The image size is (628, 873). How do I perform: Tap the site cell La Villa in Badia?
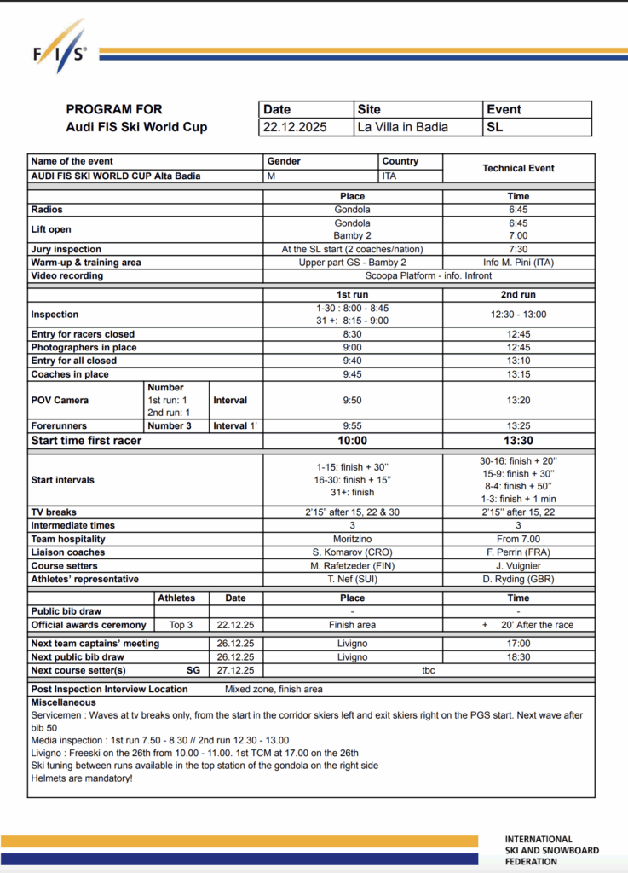click(403, 127)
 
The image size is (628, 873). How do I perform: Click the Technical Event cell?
click(518, 168)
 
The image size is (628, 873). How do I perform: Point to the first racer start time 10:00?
click(352, 440)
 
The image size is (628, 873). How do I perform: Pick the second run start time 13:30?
click(518, 440)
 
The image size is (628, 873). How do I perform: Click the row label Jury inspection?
click(66, 249)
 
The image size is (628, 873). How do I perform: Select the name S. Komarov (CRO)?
click(352, 552)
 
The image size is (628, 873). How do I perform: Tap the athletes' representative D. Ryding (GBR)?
click(518, 579)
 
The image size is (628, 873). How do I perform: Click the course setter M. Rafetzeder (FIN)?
click(352, 566)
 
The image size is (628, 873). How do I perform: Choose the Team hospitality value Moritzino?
click(352, 540)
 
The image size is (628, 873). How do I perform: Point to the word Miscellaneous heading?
click(64, 702)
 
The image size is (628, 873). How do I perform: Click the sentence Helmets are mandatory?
click(82, 778)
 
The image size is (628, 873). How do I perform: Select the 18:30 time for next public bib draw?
click(518, 657)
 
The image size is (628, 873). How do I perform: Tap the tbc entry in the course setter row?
click(428, 670)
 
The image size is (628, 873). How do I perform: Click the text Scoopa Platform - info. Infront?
click(429, 275)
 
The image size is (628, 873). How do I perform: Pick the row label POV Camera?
click(60, 400)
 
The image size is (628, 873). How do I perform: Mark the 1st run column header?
click(352, 294)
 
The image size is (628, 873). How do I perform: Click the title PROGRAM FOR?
click(114, 110)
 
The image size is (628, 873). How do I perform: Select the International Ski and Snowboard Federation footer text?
click(551, 850)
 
